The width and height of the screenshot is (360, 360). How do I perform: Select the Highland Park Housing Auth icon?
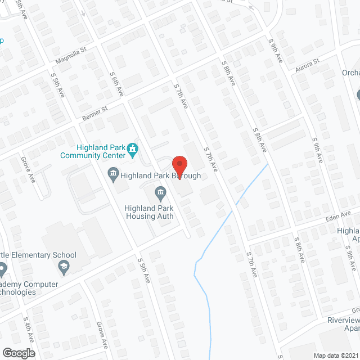(160, 194)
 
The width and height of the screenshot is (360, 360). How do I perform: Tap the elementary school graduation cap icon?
(64, 268)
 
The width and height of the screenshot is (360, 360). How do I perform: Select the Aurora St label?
(307, 64)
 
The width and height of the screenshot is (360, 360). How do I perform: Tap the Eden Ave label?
(337, 216)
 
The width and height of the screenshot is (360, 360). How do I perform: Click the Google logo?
(19, 353)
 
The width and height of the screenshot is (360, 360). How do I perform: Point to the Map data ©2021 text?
(335, 355)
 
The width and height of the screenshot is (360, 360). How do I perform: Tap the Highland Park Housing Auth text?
(149, 212)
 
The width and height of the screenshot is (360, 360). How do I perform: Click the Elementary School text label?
(39, 255)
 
